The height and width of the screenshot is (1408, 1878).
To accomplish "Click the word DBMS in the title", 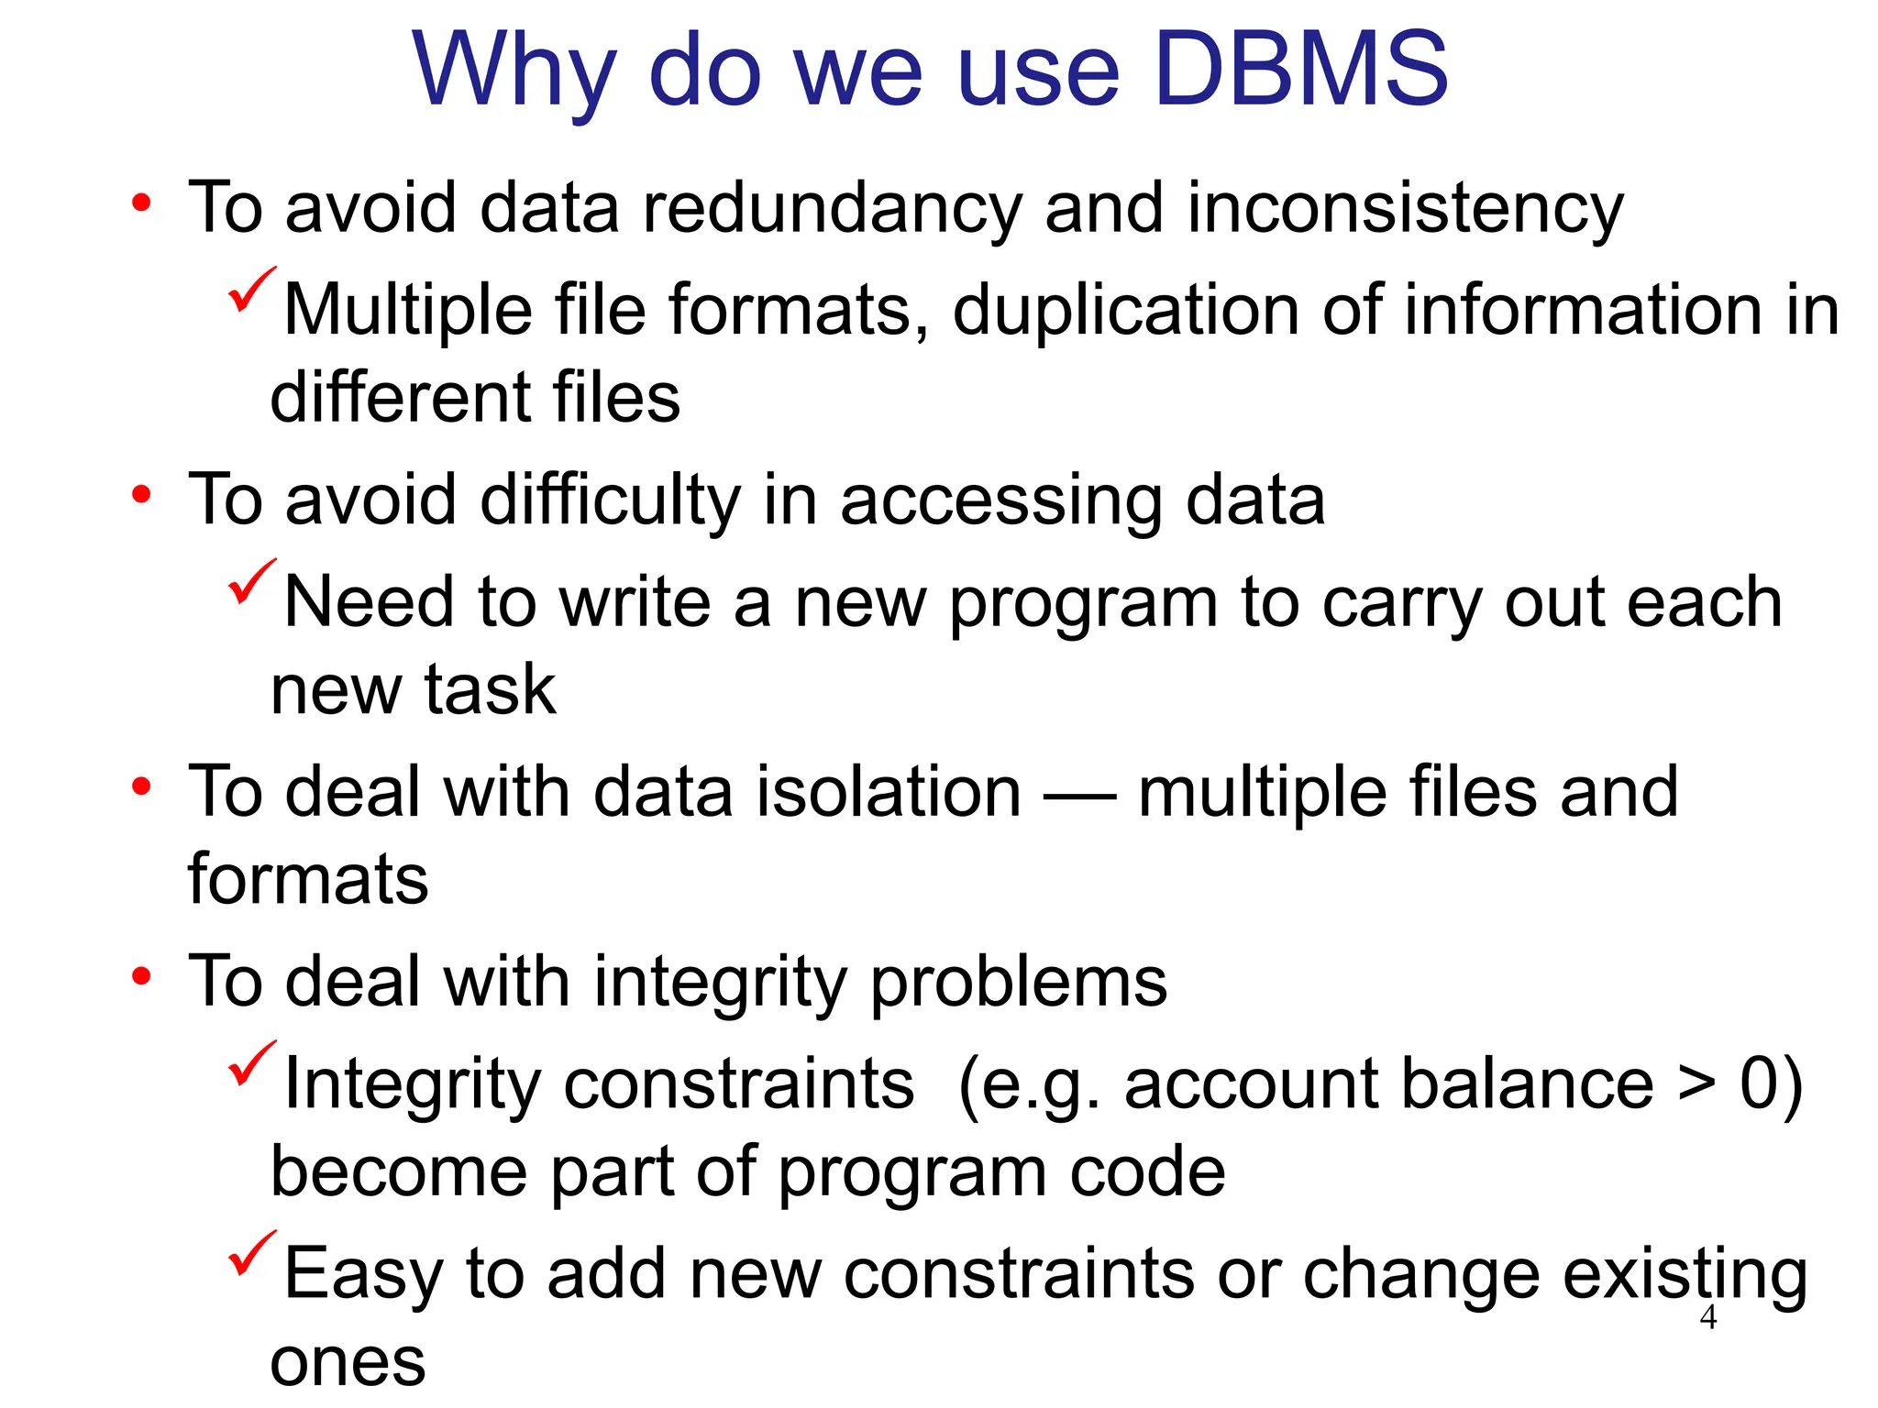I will [x=1300, y=70].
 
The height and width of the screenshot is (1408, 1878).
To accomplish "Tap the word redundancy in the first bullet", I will [x=832, y=208].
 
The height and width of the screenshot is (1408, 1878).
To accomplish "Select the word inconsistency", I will [x=1405, y=208].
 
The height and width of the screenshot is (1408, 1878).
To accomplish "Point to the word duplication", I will [x=1125, y=310].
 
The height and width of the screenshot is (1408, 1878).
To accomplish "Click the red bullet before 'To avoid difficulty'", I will [x=140, y=496].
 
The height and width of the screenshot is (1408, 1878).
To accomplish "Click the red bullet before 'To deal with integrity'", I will [x=140, y=977].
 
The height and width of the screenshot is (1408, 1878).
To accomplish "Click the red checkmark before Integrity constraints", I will [x=251, y=1063].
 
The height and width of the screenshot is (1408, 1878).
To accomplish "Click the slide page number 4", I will [x=1707, y=1317].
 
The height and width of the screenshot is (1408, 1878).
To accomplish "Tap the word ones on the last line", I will [x=348, y=1362].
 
